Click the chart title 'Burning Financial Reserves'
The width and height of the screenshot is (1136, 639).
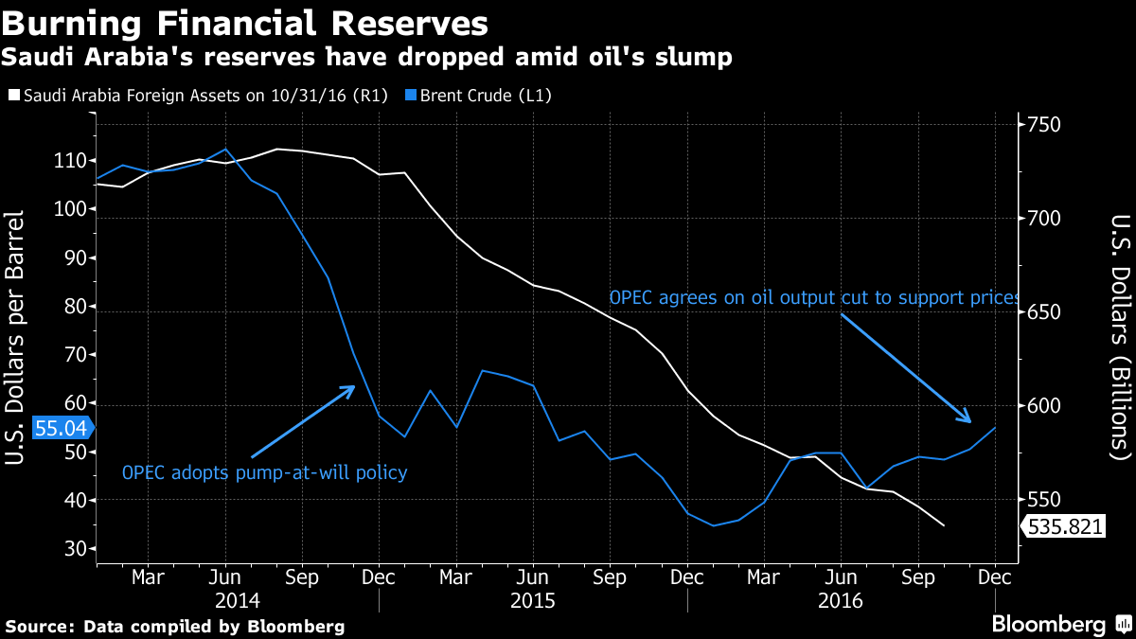[x=246, y=23]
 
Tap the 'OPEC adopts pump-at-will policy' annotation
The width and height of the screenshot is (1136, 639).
[x=265, y=471]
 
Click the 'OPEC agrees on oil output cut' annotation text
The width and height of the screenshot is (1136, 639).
[x=814, y=297]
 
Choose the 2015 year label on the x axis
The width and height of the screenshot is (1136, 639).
[x=532, y=600]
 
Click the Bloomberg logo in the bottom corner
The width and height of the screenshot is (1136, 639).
[x=1060, y=624]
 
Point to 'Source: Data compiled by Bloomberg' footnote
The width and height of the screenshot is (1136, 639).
[x=175, y=626]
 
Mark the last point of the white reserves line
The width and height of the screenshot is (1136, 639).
[x=944, y=525]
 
